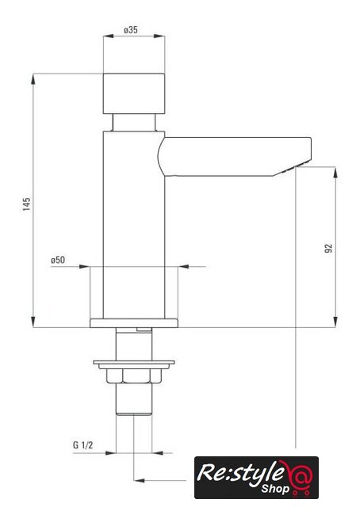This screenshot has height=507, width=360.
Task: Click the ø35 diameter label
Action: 131,30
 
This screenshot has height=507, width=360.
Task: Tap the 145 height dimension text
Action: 26,204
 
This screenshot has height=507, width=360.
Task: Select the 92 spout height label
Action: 328,248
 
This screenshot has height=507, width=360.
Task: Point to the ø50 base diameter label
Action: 58,260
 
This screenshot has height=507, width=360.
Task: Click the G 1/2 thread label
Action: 83,445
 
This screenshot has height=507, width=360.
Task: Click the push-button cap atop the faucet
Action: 134,93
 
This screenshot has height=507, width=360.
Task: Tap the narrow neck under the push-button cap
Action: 134,123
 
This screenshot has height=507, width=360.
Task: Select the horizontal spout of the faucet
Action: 235,157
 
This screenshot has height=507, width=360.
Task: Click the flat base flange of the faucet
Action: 134,323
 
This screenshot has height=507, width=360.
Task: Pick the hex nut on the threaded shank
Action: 134,376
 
